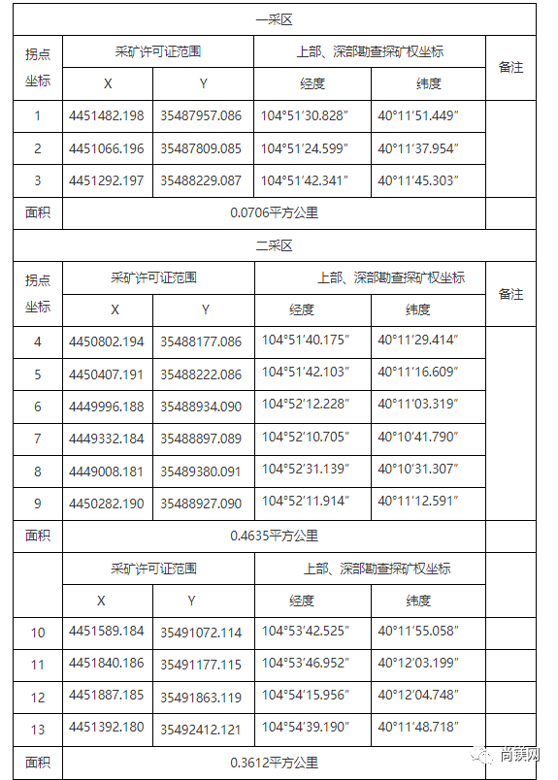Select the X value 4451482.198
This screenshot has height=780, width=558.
point(107,116)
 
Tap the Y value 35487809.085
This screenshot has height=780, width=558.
point(201,149)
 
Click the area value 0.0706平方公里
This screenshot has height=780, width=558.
point(274,212)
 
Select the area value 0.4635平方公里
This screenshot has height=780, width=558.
point(274,535)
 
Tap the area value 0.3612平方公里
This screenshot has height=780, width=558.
point(274,763)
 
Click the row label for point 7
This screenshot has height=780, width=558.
point(38,439)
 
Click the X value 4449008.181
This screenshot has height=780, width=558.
point(107,471)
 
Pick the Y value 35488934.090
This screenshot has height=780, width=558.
point(201,406)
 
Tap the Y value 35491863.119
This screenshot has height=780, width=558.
point(201,697)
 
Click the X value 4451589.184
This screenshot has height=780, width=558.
point(107,632)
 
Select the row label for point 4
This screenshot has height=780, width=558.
point(38,341)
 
